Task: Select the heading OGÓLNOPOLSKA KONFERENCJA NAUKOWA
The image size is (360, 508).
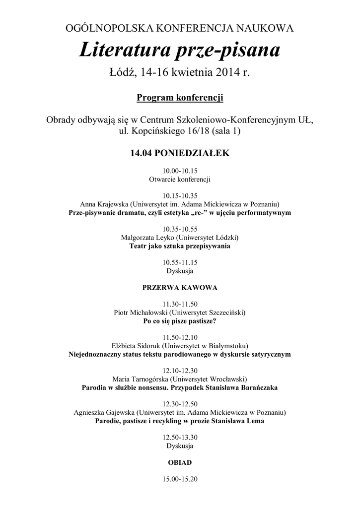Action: tap(180, 29)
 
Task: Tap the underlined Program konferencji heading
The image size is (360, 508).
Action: tap(180, 98)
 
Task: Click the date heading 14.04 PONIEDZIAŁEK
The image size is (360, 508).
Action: tap(180, 153)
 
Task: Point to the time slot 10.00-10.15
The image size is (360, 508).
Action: tap(180, 170)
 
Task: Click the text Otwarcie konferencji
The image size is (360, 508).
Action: tap(180, 179)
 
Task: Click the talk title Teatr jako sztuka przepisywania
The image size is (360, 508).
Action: tap(180, 246)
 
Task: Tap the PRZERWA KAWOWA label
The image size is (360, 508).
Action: tap(180, 287)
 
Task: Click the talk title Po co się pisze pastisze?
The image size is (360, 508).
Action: tap(180, 321)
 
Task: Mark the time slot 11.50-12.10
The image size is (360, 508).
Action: tap(180, 337)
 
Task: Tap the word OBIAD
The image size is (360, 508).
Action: tap(180, 462)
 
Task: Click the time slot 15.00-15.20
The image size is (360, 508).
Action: tap(180, 479)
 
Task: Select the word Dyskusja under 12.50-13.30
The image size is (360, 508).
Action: tap(180, 446)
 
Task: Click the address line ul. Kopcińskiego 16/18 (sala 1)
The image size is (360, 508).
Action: tap(180, 132)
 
